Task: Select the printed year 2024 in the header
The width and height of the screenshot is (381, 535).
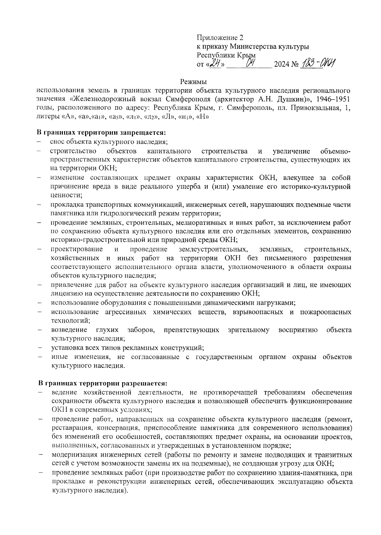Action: [x=281, y=65]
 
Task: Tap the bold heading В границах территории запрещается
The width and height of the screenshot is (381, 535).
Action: [x=102, y=132]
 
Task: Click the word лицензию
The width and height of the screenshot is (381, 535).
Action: [x=65, y=294]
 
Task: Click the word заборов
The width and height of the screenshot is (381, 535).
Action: [x=141, y=330]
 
